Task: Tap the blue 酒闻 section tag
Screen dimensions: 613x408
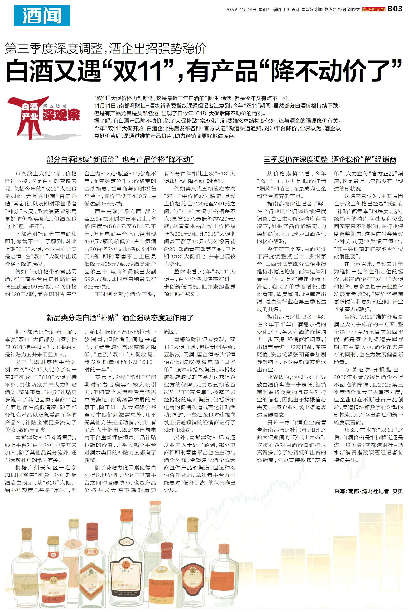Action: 42,15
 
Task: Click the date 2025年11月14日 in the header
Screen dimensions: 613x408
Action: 241,10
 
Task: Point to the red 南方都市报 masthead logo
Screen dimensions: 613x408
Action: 374,10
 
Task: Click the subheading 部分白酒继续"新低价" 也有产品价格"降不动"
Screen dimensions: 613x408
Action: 120,159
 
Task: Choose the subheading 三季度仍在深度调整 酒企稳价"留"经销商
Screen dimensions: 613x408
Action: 330,159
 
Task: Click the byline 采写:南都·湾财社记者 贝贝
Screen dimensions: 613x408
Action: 368,491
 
